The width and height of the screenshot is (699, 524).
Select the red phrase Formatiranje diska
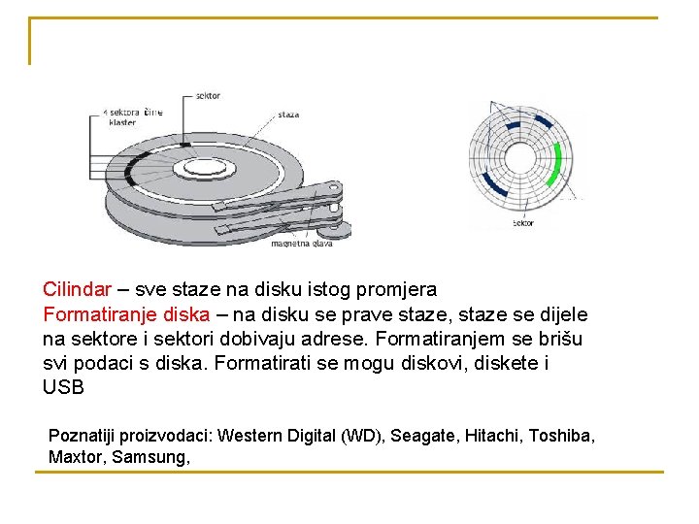pos(125,314)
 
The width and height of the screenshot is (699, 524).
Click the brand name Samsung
pos(150,456)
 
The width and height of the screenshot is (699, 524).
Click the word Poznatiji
pos(83,436)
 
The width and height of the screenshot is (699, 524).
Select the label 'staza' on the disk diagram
pos(288,115)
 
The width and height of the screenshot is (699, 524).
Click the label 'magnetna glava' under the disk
pos(302,244)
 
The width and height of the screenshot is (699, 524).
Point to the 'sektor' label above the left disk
pos(208,95)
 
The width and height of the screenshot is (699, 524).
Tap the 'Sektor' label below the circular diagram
pos(522,223)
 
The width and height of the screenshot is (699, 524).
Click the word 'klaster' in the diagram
pos(122,122)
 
